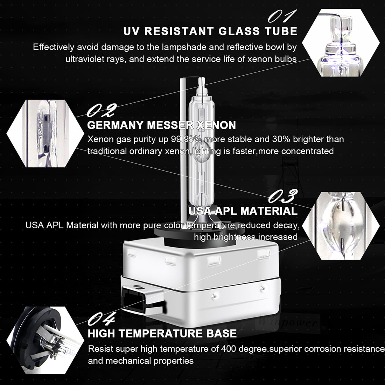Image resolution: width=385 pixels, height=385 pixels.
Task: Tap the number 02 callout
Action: [101, 111]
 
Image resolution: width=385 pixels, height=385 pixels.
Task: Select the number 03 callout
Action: [283, 196]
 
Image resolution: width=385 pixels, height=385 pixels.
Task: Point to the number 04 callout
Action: [101, 318]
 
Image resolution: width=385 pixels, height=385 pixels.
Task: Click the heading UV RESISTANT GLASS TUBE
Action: [210, 31]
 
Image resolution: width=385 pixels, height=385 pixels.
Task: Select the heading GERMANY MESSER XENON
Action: [161, 125]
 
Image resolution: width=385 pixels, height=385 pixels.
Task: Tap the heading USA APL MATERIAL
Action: [243, 211]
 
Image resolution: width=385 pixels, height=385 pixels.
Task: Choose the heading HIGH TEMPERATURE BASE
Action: [162, 334]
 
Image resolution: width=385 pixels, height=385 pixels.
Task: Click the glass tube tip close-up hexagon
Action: [340, 43]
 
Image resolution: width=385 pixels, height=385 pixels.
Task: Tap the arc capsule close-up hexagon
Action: [340, 226]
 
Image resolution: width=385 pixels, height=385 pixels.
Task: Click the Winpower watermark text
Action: [287, 322]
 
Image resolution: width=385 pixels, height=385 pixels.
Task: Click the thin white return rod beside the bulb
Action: [182, 147]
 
